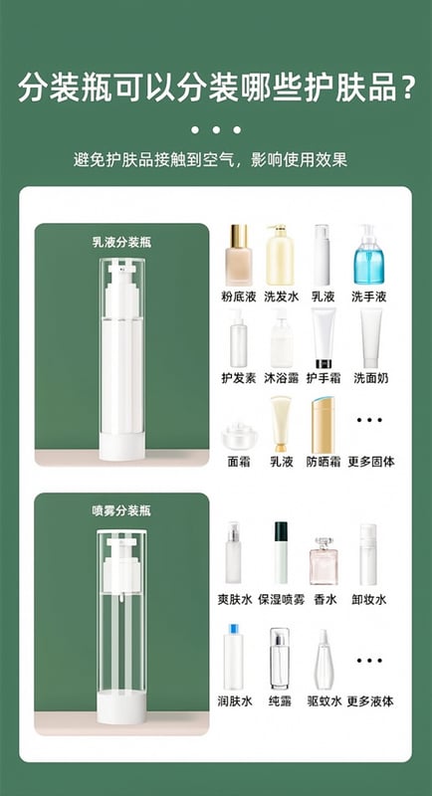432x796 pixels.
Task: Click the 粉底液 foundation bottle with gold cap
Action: pyautogui.click(x=239, y=255)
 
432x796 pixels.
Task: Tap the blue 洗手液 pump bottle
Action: pyautogui.click(x=368, y=255)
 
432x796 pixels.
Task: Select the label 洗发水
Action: pyautogui.click(x=282, y=297)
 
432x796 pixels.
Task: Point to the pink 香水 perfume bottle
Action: pyautogui.click(x=324, y=561)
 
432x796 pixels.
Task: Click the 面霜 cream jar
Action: pyautogui.click(x=238, y=436)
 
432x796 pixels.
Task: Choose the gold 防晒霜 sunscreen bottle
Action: pyautogui.click(x=324, y=425)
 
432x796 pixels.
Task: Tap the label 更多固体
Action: pyautogui.click(x=371, y=462)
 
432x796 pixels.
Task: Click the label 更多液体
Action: pyautogui.click(x=371, y=701)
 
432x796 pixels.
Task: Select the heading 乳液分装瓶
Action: pyautogui.click(x=121, y=242)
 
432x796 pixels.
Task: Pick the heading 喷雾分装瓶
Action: pyautogui.click(x=121, y=511)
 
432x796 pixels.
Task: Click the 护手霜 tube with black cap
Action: pyautogui.click(x=324, y=338)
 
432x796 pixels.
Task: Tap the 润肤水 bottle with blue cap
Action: pyautogui.click(x=234, y=658)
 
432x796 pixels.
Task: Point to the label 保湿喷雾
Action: pyautogui.click(x=282, y=600)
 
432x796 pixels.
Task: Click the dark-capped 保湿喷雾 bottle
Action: pyautogui.click(x=281, y=553)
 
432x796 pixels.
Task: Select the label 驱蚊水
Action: pyautogui.click(x=324, y=701)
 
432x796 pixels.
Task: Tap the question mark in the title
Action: pyautogui.click(x=406, y=88)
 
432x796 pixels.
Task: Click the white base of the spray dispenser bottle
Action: pyautogui.click(x=121, y=706)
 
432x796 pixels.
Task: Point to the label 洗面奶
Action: pyautogui.click(x=369, y=378)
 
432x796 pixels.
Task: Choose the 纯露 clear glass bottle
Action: pyautogui.click(x=280, y=659)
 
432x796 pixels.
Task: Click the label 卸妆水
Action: pyautogui.click(x=369, y=600)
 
